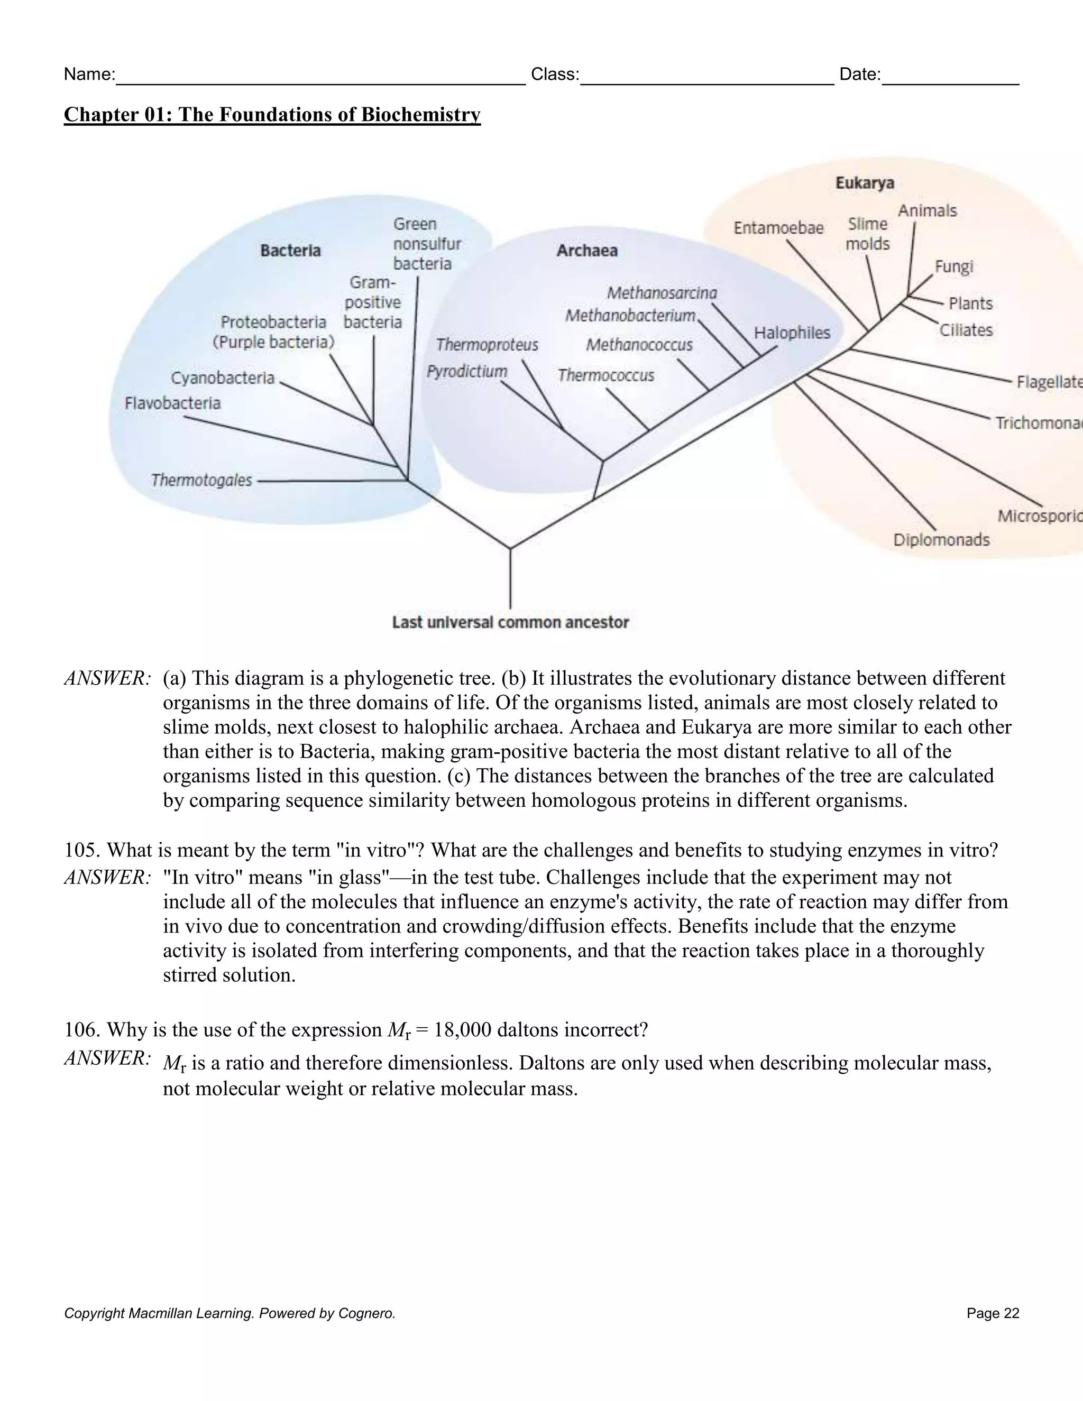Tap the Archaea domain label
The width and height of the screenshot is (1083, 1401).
pyautogui.click(x=586, y=250)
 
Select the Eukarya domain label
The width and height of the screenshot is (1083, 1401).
pyautogui.click(x=864, y=183)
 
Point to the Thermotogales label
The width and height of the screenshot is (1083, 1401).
pyautogui.click(x=201, y=480)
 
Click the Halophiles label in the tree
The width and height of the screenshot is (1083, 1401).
pyautogui.click(x=792, y=333)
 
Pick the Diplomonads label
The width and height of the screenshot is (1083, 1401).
pyautogui.click(x=941, y=539)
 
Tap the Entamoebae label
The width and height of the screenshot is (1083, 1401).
pyautogui.click(x=778, y=228)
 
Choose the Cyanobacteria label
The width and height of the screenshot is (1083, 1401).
pyautogui.click(x=222, y=378)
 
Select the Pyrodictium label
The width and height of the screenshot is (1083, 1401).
pyautogui.click(x=466, y=372)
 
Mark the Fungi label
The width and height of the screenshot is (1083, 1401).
pyautogui.click(x=953, y=266)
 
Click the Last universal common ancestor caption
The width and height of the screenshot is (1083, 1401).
pyautogui.click(x=510, y=622)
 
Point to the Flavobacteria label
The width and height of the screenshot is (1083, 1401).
pyautogui.click(x=172, y=403)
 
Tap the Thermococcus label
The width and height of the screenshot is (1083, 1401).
pyautogui.click(x=605, y=375)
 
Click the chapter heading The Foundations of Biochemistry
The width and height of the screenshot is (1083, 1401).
pyautogui.click(x=272, y=114)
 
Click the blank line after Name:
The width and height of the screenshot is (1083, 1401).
pyautogui.click(x=321, y=76)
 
